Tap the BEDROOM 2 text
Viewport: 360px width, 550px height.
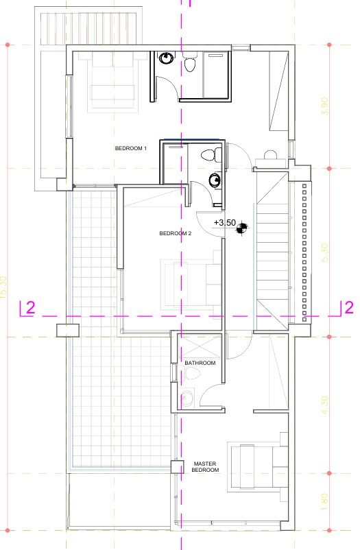175,233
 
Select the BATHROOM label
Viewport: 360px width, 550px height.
200,363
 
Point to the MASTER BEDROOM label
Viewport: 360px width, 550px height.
206,467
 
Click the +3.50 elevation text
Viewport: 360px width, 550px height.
224,223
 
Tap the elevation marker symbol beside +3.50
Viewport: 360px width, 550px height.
241,229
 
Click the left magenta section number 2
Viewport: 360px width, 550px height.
29,308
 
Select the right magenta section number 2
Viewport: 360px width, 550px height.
348,307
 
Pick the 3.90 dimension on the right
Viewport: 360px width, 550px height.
326,106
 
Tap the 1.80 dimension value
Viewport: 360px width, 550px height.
326,503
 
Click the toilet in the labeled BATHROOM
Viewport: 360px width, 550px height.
191,374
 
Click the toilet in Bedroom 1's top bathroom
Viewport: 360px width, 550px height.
190,64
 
